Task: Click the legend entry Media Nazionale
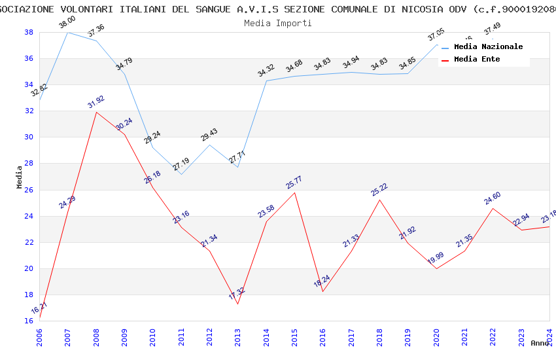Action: (488, 47)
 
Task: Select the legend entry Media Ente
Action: (477, 59)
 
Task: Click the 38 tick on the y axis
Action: (29, 32)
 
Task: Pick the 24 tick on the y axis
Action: (29, 216)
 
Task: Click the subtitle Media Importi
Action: (278, 23)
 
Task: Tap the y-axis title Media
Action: (20, 177)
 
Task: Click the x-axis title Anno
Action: (540, 343)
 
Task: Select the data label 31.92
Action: (96, 102)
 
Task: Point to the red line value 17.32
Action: (237, 294)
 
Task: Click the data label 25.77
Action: (295, 182)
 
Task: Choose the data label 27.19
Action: (181, 164)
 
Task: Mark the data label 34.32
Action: (266, 71)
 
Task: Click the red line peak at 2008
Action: (96, 112)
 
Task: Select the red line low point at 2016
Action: (323, 291)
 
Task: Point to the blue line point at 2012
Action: (209, 145)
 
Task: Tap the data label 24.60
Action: (493, 198)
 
